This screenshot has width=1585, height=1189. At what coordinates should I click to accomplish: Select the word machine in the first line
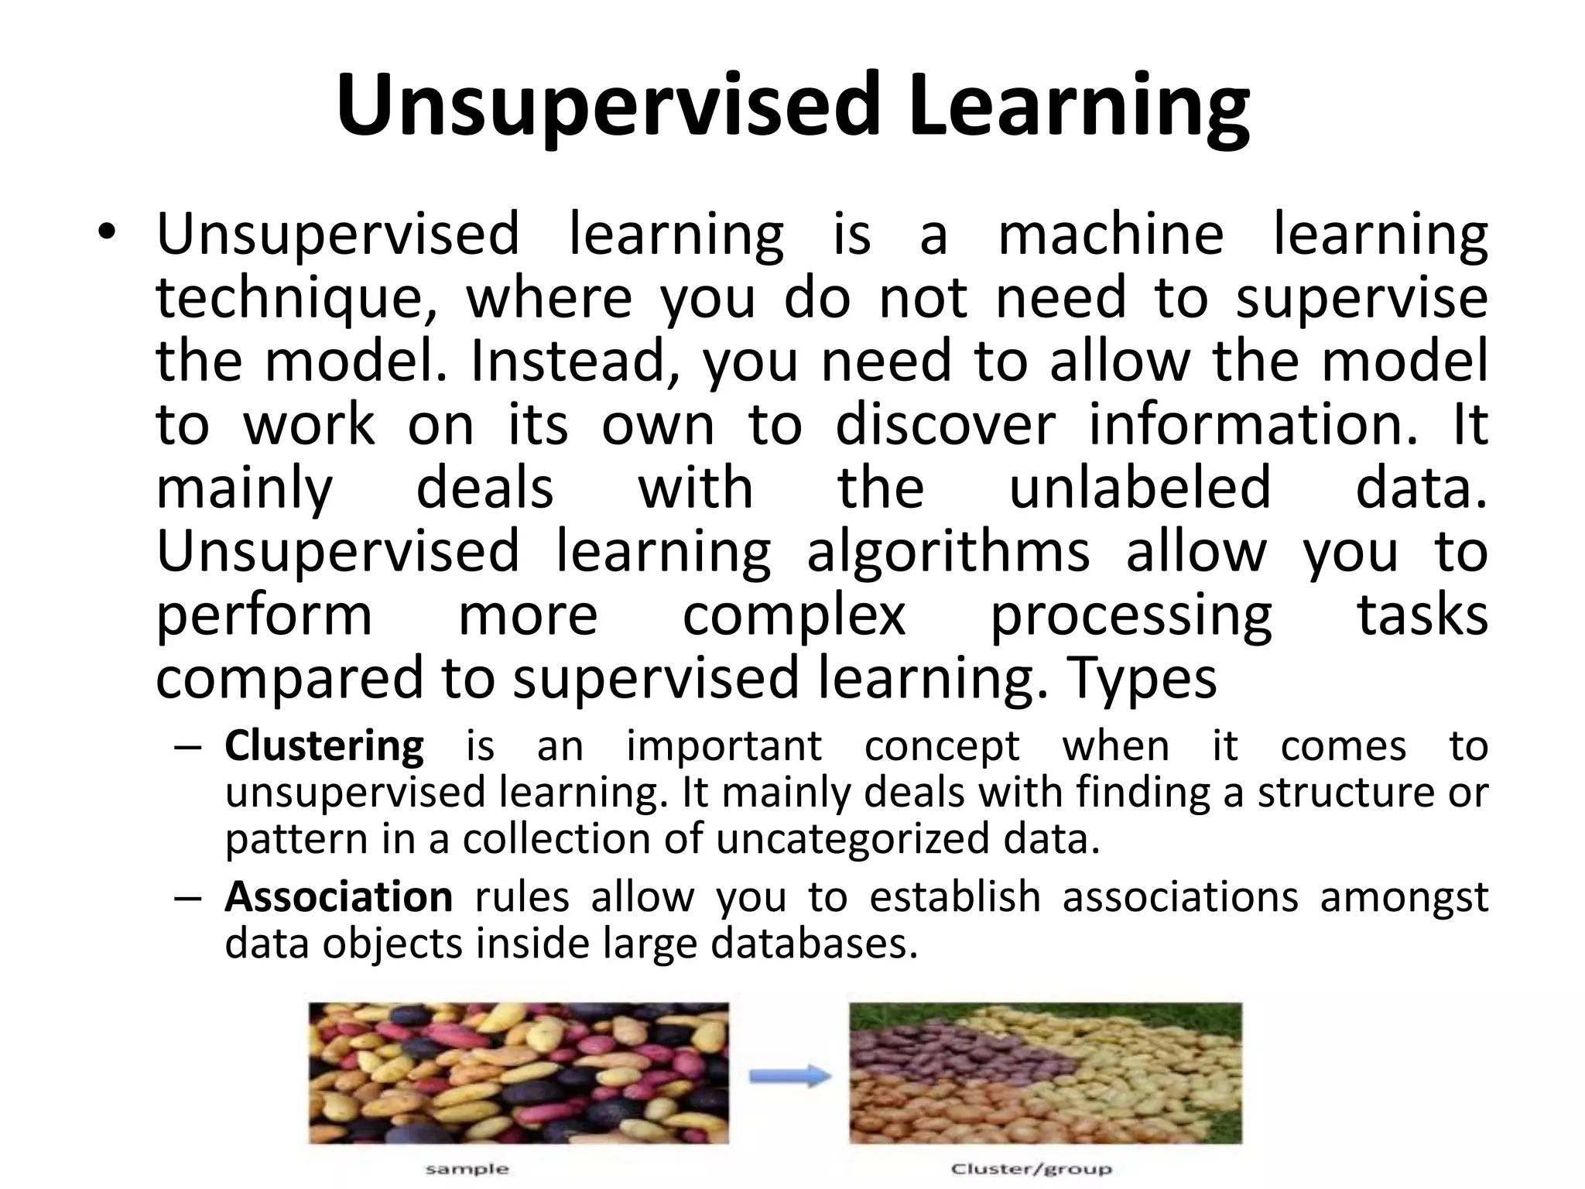(x=1111, y=234)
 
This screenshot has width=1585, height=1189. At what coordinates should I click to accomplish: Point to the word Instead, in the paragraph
(x=575, y=362)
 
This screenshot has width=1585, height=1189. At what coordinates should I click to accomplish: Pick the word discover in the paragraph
(x=945, y=425)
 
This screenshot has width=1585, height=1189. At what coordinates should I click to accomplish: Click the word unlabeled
(x=1140, y=488)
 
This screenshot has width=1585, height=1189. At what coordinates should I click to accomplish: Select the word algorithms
(x=948, y=552)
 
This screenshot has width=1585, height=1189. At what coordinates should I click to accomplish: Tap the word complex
(x=793, y=615)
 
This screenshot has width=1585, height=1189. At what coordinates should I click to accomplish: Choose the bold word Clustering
(x=324, y=746)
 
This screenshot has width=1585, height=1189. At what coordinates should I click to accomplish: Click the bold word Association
(x=338, y=897)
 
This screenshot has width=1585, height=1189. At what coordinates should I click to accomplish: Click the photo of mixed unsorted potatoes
(x=519, y=1072)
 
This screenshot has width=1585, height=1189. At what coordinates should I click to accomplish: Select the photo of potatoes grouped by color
(x=1045, y=1072)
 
